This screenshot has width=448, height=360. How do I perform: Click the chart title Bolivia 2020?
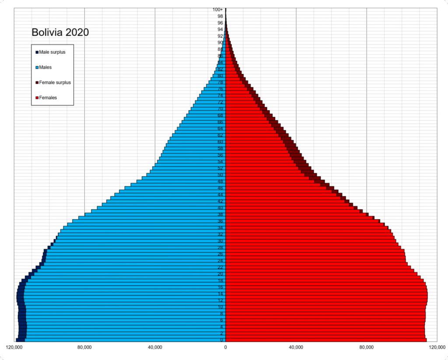pos(60,32)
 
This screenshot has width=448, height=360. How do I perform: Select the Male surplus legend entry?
pos(52,52)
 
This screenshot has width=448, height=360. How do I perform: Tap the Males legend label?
pos(45,67)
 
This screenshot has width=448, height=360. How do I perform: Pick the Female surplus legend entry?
pos(55,82)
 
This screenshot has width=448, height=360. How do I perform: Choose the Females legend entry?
pos(48,98)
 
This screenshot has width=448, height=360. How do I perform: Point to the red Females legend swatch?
pos(37,98)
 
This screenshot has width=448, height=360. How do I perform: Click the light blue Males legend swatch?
pos(37,67)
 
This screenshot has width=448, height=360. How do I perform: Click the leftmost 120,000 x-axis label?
pos(14,348)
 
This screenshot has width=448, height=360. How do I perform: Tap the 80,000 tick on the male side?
pos(84,348)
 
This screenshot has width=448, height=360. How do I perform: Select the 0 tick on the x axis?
pos(226,348)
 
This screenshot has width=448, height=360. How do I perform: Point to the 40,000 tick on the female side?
pos(296,348)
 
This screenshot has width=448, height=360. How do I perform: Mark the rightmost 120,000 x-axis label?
pos(437,348)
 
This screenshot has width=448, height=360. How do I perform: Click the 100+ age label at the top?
pos(218,10)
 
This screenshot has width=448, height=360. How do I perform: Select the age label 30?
pos(221,241)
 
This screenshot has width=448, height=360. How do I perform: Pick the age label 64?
pos(221,129)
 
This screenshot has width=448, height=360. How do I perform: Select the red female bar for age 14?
pos(324,294)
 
